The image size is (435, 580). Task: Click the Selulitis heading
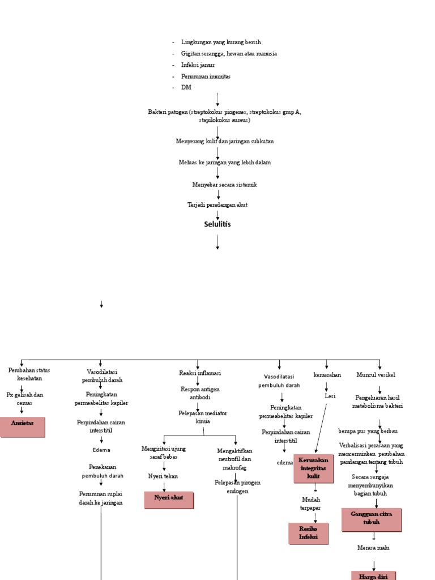click(217, 224)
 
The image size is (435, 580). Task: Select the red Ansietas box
click(23, 427)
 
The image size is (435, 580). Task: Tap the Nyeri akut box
click(169, 500)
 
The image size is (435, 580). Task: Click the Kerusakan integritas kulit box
click(313, 468)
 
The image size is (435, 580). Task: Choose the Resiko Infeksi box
click(308, 533)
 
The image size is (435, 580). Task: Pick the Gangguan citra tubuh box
click(372, 519)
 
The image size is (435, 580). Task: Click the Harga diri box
click(373, 575)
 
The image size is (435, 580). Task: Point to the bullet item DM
click(186, 88)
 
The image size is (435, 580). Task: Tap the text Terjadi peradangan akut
click(217, 204)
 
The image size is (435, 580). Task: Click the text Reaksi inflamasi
click(200, 373)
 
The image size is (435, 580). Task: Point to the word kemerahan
click(327, 375)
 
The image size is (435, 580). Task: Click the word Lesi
click(330, 396)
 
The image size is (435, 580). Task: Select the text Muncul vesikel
click(376, 375)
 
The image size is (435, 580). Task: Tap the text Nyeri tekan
click(163, 476)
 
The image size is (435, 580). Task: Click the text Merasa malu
click(373, 548)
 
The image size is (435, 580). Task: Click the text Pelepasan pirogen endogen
click(237, 487)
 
